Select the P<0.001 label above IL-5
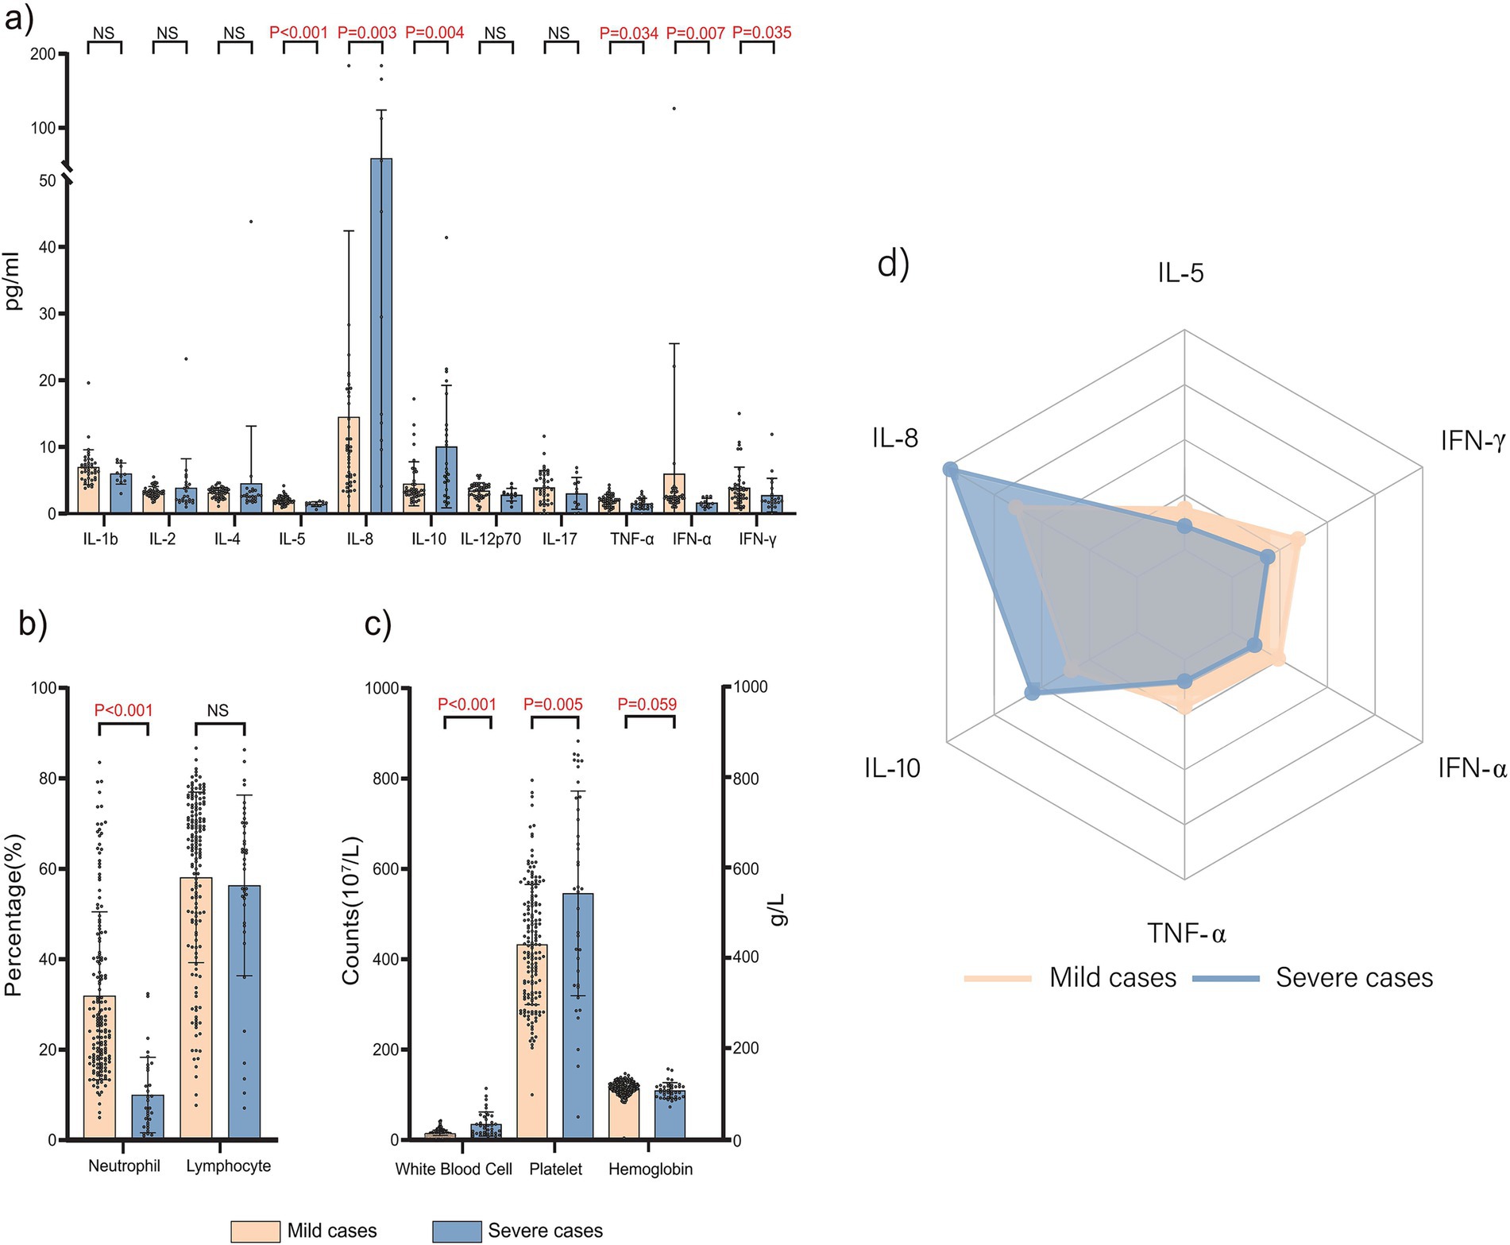(x=299, y=33)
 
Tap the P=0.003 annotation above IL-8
(x=367, y=33)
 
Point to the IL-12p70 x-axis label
(x=491, y=539)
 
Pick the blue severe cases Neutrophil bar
(x=148, y=1116)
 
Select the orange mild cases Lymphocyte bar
(x=196, y=1009)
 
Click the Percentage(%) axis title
(x=14, y=914)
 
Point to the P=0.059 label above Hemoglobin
(x=647, y=704)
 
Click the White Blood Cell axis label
(x=454, y=1170)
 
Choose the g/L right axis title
(x=779, y=909)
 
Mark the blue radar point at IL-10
(x=1032, y=693)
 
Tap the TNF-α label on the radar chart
(x=1186, y=933)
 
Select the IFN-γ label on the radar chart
(x=1472, y=440)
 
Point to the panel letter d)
(x=893, y=264)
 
